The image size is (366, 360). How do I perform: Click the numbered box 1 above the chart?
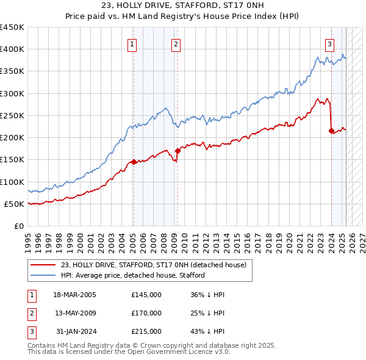pyautogui.click(x=132, y=43)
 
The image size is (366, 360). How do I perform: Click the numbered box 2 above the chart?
pyautogui.click(x=176, y=43)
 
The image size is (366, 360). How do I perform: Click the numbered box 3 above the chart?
pyautogui.click(x=329, y=43)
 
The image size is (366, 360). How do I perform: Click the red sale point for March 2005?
pyautogui.click(x=134, y=162)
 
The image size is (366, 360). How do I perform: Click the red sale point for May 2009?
pyautogui.click(x=178, y=151)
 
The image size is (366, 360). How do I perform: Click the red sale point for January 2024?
pyautogui.click(x=331, y=131)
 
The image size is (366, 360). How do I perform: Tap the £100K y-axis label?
pyautogui.click(x=12, y=182)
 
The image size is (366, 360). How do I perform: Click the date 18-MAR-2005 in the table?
pyautogui.click(x=75, y=294)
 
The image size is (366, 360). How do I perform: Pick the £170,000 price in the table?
pyautogui.click(x=146, y=313)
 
